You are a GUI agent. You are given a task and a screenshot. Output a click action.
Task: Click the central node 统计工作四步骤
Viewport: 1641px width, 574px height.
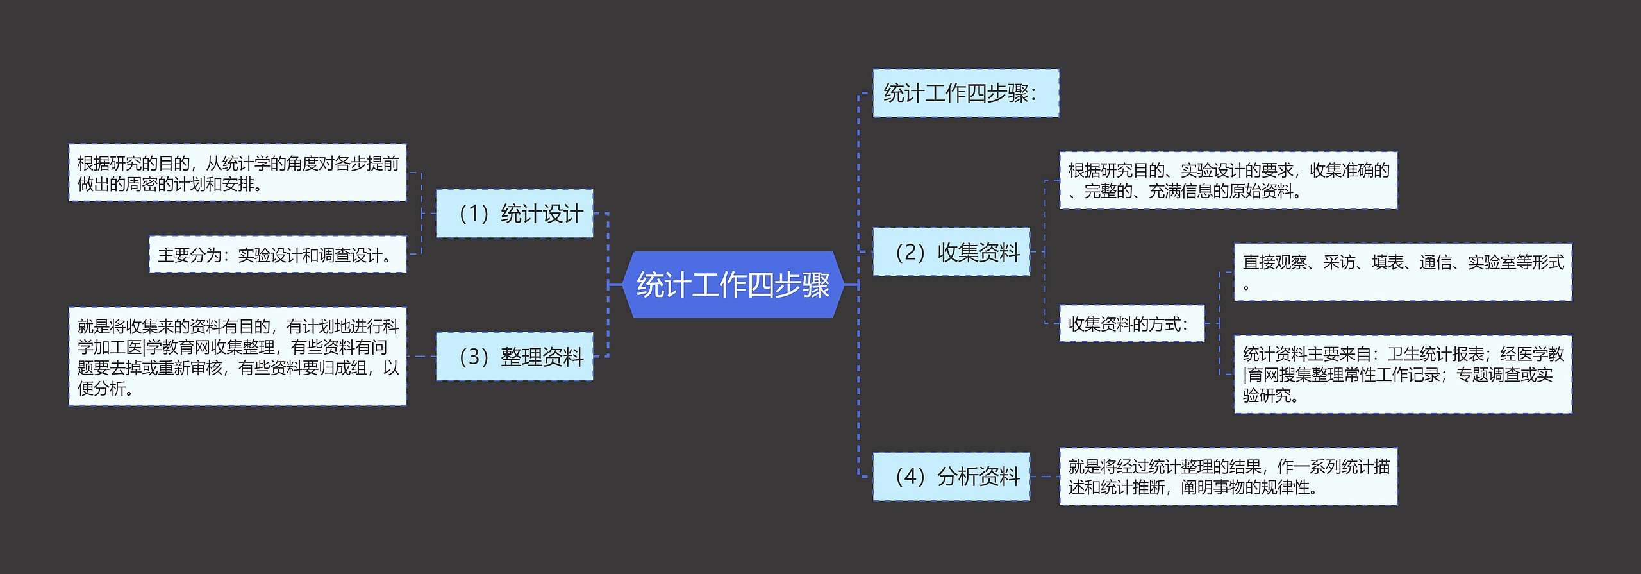732,285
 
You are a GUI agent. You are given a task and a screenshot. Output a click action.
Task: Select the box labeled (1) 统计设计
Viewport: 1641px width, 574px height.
514,214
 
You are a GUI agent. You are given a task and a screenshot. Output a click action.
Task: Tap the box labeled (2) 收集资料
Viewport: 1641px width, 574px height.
951,252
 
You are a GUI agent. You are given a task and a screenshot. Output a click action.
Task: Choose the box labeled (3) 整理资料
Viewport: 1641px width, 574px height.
514,357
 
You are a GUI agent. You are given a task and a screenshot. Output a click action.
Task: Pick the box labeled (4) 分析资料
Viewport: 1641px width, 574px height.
951,477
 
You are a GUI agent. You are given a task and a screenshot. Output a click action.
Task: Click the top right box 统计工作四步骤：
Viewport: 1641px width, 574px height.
965,94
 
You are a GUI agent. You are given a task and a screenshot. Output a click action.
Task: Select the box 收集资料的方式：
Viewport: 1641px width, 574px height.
1131,324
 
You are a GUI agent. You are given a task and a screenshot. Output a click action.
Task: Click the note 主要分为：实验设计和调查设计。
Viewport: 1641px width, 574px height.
277,255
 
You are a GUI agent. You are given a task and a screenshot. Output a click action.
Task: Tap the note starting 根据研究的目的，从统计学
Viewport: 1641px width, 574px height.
237,173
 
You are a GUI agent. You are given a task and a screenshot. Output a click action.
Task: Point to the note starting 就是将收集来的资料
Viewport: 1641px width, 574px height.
237,357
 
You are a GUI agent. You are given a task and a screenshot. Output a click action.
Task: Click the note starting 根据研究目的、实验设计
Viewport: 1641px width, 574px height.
1228,181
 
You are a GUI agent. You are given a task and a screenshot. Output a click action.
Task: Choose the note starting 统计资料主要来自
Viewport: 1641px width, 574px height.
1403,375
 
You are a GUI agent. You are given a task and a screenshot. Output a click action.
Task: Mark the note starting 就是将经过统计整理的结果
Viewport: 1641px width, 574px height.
1228,477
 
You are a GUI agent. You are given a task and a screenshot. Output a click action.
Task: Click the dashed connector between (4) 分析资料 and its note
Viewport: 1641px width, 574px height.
1045,477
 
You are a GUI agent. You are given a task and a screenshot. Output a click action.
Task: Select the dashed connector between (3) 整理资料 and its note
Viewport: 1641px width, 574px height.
421,357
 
